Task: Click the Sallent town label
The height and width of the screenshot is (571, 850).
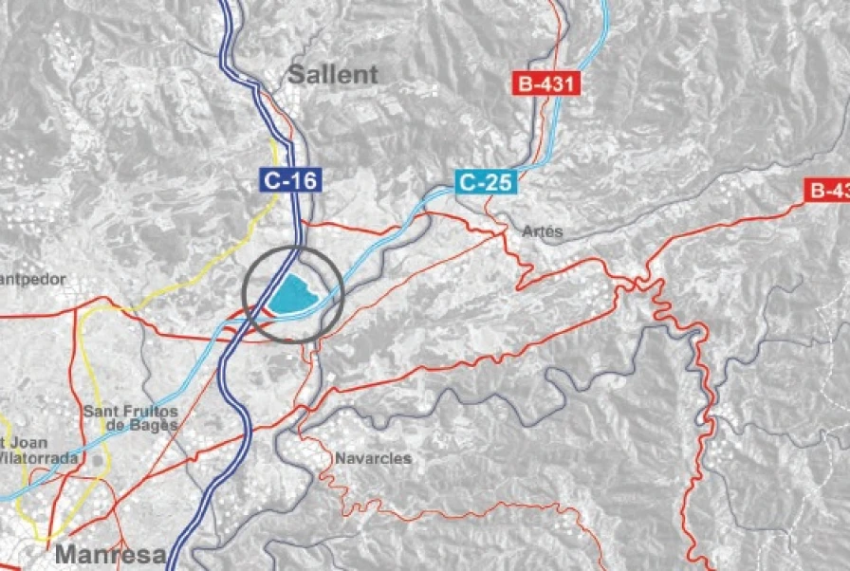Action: click(332, 74)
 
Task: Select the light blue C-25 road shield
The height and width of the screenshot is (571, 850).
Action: click(487, 181)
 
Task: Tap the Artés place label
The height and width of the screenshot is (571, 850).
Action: click(543, 231)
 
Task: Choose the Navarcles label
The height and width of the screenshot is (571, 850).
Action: click(373, 458)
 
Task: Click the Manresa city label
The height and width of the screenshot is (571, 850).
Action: click(111, 554)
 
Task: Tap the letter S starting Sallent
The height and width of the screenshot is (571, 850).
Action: click(296, 74)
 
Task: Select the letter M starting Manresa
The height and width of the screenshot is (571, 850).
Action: click(65, 554)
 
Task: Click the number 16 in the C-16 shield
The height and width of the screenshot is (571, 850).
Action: click(304, 179)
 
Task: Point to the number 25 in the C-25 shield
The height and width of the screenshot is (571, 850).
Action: click(500, 181)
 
